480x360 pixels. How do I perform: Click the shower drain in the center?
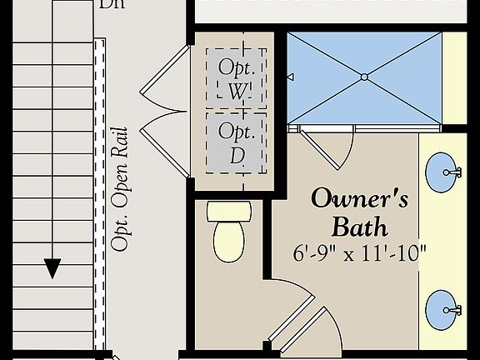coord(364,77)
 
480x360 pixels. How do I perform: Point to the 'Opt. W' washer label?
coord(236,79)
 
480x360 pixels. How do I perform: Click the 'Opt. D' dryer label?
coord(236,142)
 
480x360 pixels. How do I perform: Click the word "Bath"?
coord(360,226)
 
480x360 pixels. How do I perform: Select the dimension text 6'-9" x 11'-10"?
coord(360,252)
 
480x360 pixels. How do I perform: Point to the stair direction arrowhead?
coord(52,268)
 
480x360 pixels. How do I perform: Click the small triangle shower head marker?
coord(290,77)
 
